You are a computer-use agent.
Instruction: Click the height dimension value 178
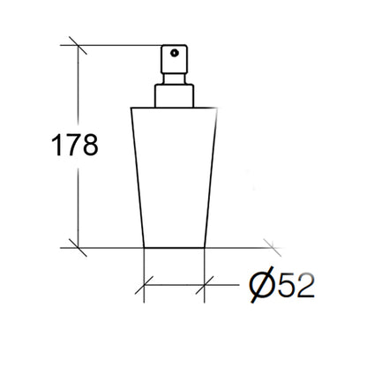point(74,145)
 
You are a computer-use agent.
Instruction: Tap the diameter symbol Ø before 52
point(261,285)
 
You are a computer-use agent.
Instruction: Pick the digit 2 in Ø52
point(305,285)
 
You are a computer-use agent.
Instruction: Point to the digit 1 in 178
point(56,145)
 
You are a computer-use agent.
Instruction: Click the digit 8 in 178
point(90,145)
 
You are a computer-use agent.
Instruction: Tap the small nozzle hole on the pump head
point(175,53)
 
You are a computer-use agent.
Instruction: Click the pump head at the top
point(174,59)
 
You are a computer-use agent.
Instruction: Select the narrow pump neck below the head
point(174,79)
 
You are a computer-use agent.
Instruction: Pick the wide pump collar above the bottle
point(174,96)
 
